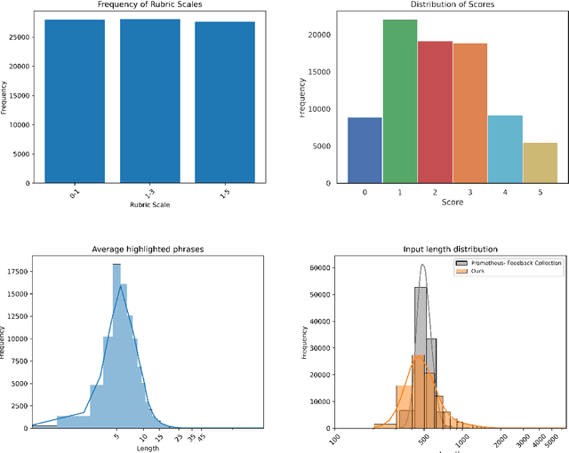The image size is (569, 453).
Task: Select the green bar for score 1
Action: click(x=399, y=101)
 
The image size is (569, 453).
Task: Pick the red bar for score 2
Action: click(x=435, y=112)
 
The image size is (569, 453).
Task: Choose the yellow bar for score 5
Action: click(x=539, y=163)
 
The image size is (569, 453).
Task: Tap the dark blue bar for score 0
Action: click(x=365, y=150)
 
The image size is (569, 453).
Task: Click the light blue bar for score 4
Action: click(x=504, y=149)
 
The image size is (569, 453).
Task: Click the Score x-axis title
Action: click(x=452, y=203)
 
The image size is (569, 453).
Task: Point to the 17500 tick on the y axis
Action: click(x=15, y=270)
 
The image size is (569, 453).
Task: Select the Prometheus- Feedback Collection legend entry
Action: click(x=509, y=264)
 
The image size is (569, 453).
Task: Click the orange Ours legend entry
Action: click(x=476, y=272)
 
